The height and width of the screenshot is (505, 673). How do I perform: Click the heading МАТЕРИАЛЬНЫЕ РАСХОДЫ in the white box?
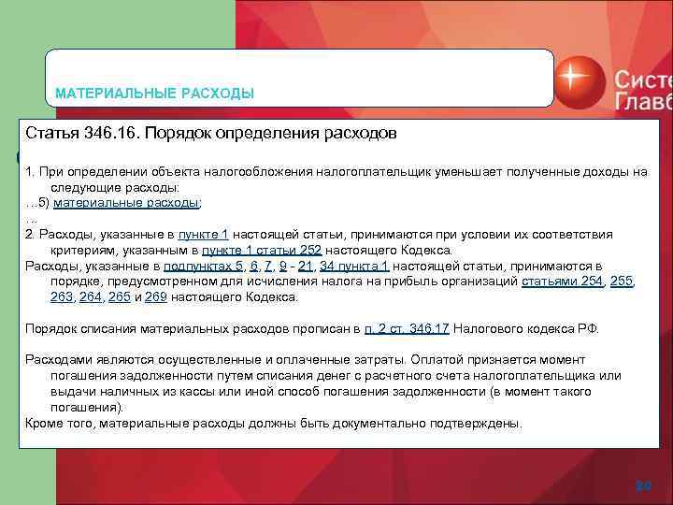click(154, 94)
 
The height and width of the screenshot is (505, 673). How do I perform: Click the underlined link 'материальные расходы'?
click(127, 202)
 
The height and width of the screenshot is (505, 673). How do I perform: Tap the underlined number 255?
click(622, 281)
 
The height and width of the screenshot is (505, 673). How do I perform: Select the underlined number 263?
click(63, 297)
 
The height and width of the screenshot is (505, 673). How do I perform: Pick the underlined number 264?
click(92, 297)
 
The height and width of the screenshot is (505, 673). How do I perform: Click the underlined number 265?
click(120, 297)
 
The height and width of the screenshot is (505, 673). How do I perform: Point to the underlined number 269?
click(157, 297)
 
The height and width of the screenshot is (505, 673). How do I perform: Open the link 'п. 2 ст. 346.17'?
click(408, 328)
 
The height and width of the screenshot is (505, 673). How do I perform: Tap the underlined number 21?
click(306, 266)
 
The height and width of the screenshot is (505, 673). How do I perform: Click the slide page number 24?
click(643, 485)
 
